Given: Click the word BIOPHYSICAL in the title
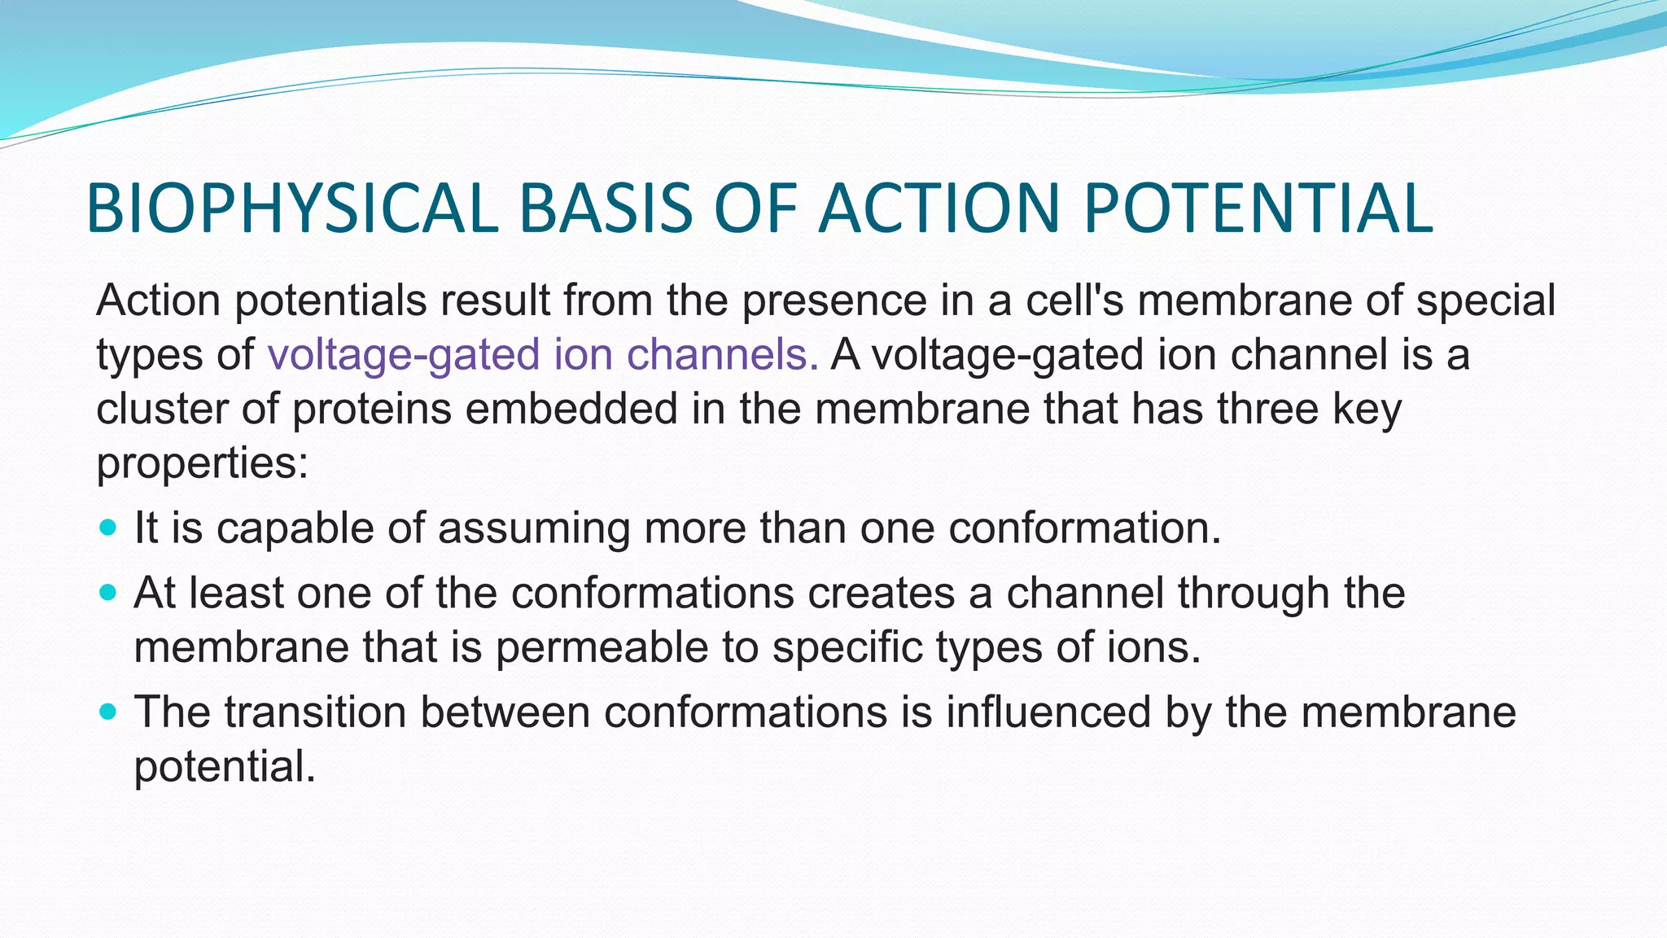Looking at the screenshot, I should tap(291, 208).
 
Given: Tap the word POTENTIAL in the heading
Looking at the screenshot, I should tap(1258, 208).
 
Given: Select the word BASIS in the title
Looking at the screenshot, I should tap(606, 208).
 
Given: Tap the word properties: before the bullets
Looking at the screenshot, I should tap(203, 464).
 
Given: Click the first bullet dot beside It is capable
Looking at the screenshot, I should tap(107, 527).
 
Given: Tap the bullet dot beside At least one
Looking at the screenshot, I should tap(107, 592).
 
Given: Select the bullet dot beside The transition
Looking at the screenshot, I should tap(107, 712).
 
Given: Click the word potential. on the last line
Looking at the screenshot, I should tap(225, 767).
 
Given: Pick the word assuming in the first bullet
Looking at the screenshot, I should tap(534, 529).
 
